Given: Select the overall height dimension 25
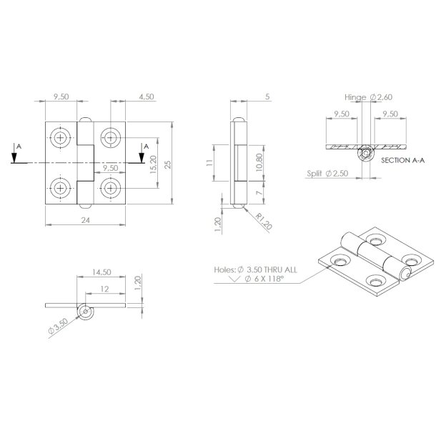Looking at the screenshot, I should (x=167, y=164).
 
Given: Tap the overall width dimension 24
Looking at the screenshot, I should (x=86, y=221).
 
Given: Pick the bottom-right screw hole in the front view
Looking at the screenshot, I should (x=111, y=188).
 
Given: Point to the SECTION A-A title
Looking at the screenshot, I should (x=404, y=162).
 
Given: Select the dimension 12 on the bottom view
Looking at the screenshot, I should (x=106, y=289).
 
